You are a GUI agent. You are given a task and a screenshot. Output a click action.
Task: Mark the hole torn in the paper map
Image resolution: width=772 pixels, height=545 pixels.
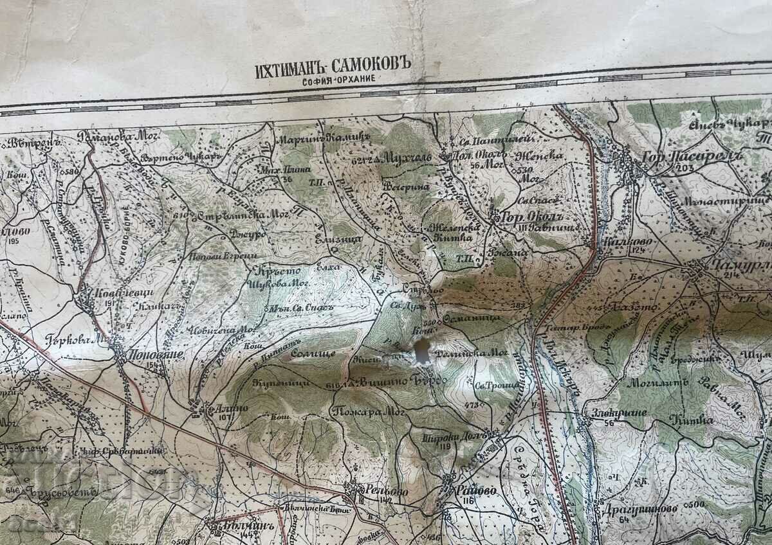pyautogui.click(x=422, y=350)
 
